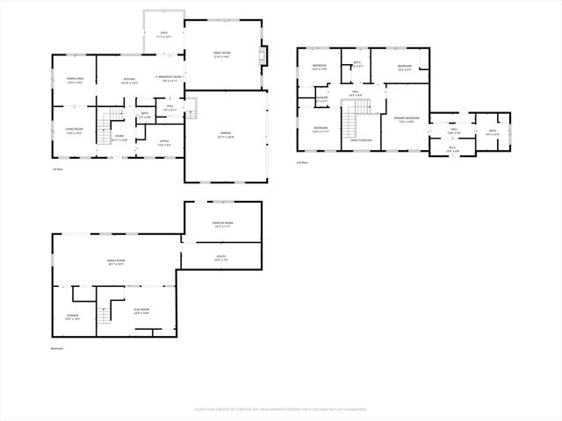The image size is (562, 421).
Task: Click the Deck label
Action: (x=163, y=34)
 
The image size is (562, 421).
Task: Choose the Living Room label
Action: (x=75, y=132)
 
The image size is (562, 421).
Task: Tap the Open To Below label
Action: (x=361, y=139)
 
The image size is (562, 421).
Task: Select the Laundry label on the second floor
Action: (x=322, y=98)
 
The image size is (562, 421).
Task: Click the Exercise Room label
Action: (x=222, y=225)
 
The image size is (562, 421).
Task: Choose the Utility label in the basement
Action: (x=222, y=258)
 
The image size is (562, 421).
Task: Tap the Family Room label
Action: (x=116, y=262)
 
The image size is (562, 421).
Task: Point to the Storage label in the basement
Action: (x=72, y=317)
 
